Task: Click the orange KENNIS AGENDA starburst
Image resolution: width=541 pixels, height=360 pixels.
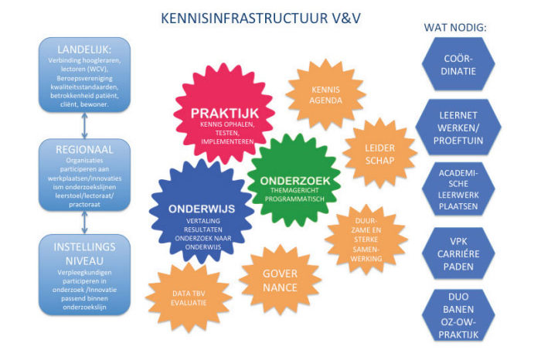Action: point(325,95)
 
